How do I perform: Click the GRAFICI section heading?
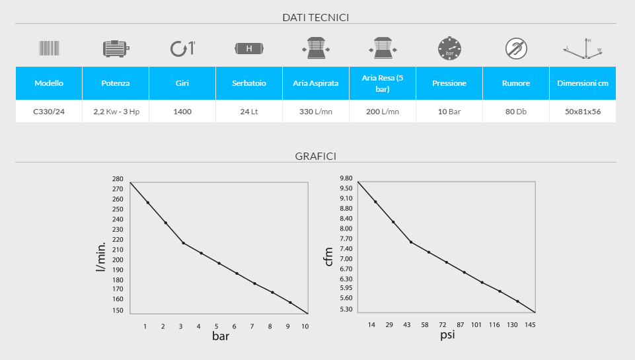point(315,156)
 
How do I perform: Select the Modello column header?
point(49,83)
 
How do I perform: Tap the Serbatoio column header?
point(248,83)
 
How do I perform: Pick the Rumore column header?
point(515,83)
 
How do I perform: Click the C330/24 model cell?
point(49,112)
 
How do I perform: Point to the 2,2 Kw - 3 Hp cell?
point(116,112)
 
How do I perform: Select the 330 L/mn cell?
point(315,112)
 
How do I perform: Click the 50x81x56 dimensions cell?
point(582,112)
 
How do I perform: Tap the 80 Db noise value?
point(515,112)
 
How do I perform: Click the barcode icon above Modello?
point(49,48)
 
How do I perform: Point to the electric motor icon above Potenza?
point(116,48)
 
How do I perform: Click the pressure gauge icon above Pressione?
point(449,48)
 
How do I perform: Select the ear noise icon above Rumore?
point(515,48)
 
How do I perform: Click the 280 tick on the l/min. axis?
point(118,179)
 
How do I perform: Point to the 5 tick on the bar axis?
point(216,326)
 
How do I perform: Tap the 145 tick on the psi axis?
point(531,325)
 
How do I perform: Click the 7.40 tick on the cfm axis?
point(346,249)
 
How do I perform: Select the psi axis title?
point(447,336)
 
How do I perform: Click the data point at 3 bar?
point(183,243)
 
